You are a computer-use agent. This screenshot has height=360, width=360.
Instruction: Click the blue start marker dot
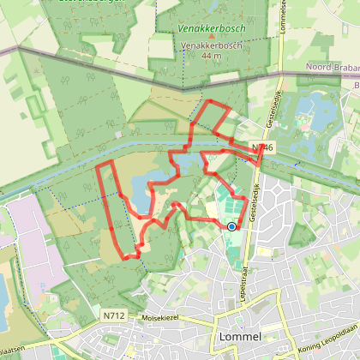point(231,226)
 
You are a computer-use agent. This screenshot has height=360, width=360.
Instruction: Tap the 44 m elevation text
point(210,56)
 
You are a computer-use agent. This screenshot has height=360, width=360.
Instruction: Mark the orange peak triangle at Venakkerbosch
point(210,37)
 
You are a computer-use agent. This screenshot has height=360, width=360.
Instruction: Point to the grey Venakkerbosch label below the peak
point(210,46)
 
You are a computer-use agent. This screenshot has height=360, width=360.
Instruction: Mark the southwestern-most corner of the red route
point(121,257)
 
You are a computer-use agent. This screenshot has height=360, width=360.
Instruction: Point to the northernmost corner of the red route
point(206,100)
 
